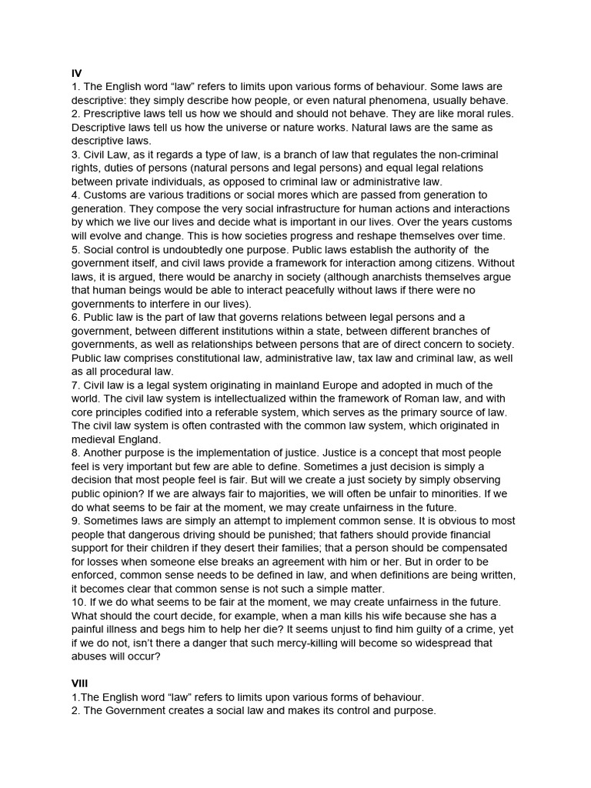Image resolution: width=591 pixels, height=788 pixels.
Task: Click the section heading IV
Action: coord(76,73)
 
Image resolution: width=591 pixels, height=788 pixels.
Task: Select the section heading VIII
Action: coord(80,683)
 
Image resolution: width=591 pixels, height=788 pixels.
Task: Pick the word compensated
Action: coord(475,548)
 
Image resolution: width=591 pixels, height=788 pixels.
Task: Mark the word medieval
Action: coord(94,439)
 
